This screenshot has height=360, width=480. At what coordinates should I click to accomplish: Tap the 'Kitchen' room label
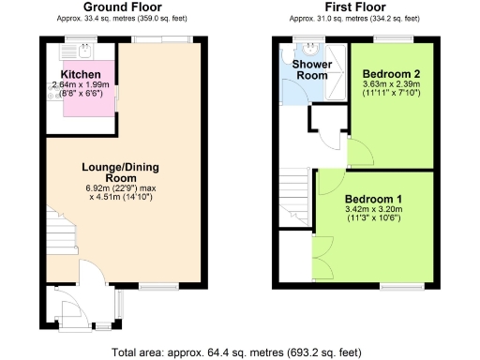pos(81,74)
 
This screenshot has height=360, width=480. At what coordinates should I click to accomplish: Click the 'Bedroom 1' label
pos(373,199)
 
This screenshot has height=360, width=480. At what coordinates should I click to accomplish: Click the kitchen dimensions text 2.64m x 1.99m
pos(82,85)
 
